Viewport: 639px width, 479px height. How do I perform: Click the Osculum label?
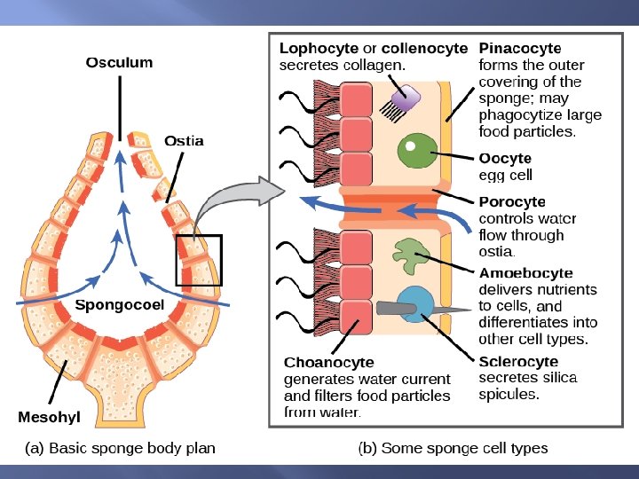click(119, 62)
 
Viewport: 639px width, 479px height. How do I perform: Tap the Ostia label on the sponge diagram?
click(184, 141)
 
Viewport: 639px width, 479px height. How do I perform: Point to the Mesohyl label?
click(50, 416)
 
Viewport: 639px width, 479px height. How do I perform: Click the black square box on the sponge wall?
click(198, 260)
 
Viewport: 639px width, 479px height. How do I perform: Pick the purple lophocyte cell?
click(407, 96)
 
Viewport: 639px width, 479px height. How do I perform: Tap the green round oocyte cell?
click(413, 150)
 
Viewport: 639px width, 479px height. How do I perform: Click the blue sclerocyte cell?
click(414, 303)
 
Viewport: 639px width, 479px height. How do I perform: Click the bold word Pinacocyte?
click(520, 48)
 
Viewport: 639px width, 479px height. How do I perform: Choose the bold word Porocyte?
click(512, 202)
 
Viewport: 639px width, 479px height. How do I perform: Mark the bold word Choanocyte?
click(328, 362)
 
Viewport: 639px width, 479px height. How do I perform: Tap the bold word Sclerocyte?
click(518, 362)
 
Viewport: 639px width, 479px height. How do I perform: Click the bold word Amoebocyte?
click(525, 273)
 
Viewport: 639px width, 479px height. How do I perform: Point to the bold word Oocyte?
click(505, 159)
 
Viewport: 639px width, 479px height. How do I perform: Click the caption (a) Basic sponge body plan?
click(119, 448)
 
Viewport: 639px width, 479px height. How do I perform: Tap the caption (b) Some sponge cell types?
click(453, 448)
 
